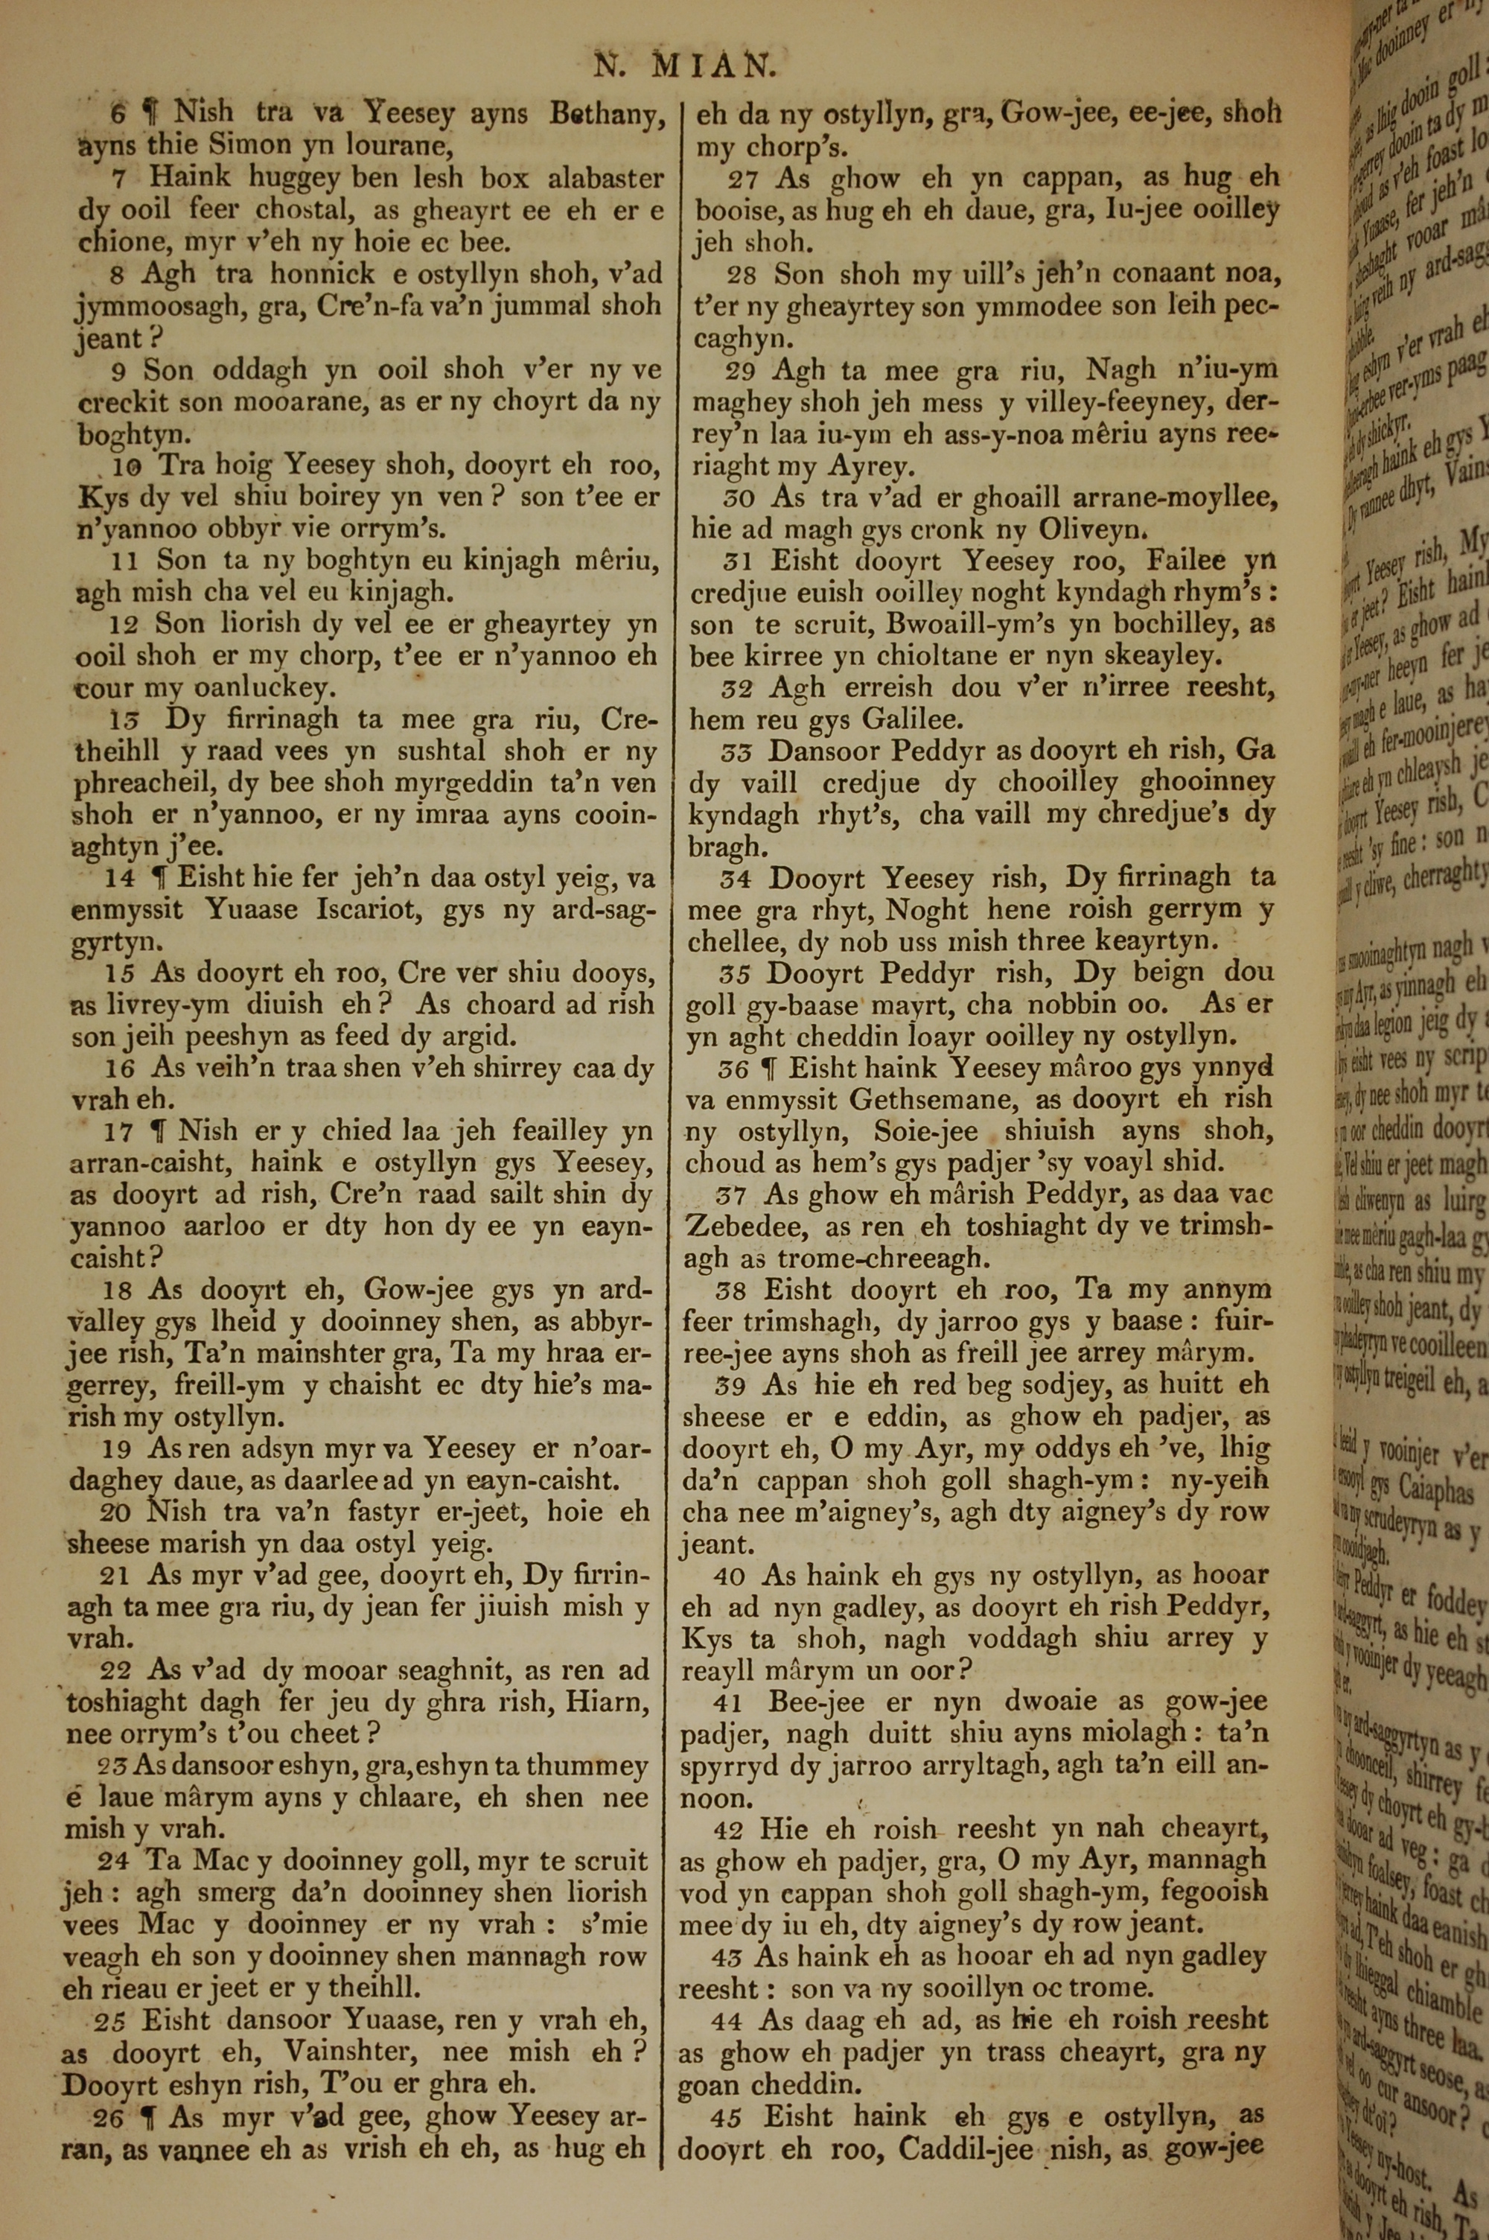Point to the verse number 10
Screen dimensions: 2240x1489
pos(125,466)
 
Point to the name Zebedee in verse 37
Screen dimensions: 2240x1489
pos(747,1226)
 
